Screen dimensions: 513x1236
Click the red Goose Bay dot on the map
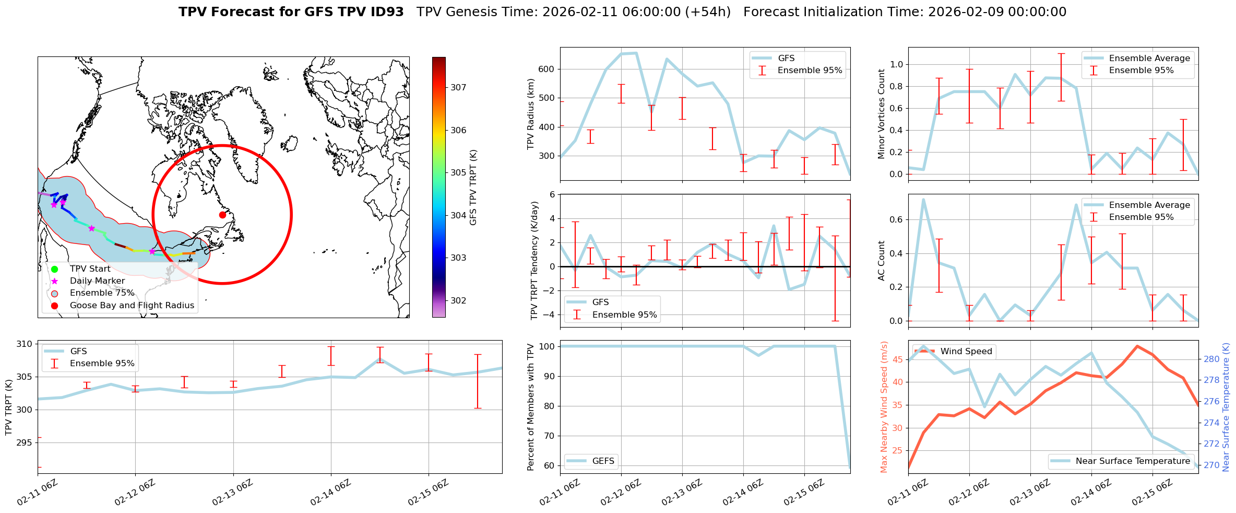(x=222, y=215)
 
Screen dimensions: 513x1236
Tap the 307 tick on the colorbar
(x=458, y=88)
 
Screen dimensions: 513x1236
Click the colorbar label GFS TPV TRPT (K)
(x=473, y=188)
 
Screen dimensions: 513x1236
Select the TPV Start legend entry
(x=90, y=269)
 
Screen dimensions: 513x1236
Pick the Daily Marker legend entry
(x=97, y=281)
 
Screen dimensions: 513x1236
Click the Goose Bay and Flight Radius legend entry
(x=132, y=306)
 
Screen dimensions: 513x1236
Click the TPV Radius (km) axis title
(x=531, y=114)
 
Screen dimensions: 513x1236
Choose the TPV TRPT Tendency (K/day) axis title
(x=534, y=261)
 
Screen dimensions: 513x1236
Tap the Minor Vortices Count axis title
(x=882, y=114)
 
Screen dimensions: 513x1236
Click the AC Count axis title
(x=882, y=261)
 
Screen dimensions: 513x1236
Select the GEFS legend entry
(x=603, y=461)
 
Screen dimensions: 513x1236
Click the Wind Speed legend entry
(x=966, y=352)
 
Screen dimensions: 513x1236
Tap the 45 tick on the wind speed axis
(x=898, y=359)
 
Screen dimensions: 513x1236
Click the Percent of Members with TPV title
(x=531, y=407)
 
